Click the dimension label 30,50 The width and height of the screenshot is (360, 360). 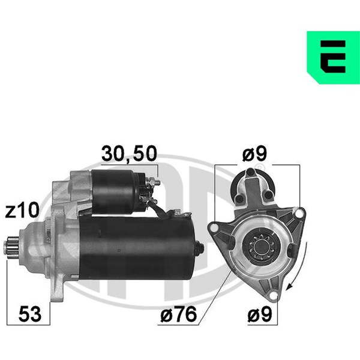(x=129, y=154)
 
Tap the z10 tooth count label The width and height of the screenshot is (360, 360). (x=22, y=210)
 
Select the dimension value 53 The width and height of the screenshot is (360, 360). (x=30, y=314)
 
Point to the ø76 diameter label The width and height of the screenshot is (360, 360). (x=179, y=314)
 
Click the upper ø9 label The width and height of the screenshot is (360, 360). (x=254, y=154)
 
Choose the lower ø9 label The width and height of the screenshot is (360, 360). (x=260, y=314)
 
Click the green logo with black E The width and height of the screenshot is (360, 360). (x=334, y=58)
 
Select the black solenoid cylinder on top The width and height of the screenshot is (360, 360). (x=115, y=191)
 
